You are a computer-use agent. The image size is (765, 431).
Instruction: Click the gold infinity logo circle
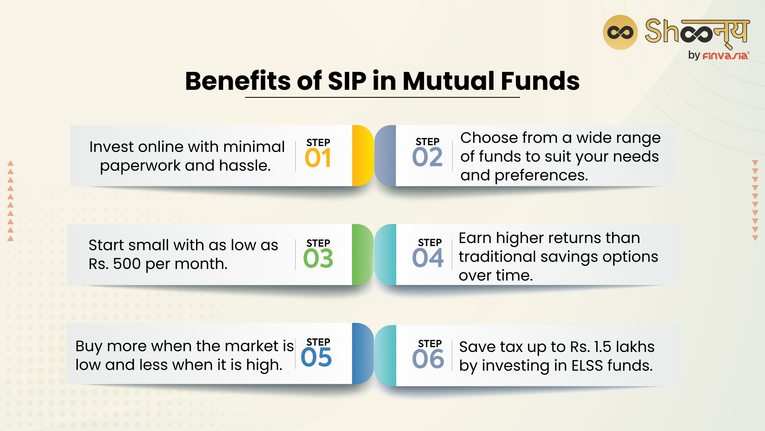(x=620, y=32)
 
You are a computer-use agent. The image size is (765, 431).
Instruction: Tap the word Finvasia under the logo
(x=725, y=56)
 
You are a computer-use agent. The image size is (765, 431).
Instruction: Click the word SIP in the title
(x=347, y=81)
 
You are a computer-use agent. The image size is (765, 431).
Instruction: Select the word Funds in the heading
(x=540, y=81)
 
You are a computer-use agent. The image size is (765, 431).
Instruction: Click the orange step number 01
(x=318, y=158)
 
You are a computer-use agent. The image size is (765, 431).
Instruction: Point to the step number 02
(x=427, y=157)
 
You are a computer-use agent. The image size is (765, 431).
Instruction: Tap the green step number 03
(x=318, y=259)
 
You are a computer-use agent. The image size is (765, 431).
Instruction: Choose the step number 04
(x=428, y=258)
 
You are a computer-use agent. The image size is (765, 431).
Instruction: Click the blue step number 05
(x=316, y=357)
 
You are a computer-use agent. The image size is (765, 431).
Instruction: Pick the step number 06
(x=428, y=359)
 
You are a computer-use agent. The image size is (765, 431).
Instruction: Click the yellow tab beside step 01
(x=362, y=156)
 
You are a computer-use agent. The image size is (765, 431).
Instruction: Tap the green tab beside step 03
(x=362, y=255)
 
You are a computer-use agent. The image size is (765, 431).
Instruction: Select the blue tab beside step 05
(x=362, y=354)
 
